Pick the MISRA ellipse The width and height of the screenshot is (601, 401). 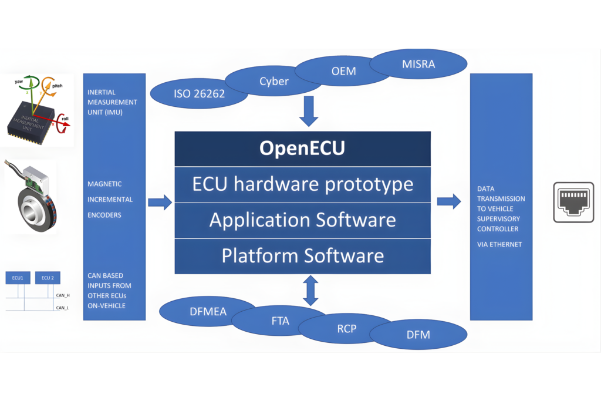(418, 63)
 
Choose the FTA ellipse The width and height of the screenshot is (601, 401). (281, 321)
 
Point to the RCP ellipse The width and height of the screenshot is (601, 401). (346, 328)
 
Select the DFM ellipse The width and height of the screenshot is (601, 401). (418, 335)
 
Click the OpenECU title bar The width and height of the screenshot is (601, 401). (302, 149)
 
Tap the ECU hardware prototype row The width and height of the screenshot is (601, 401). (302, 184)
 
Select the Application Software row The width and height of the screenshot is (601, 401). (302, 220)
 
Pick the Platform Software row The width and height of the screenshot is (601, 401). (302, 256)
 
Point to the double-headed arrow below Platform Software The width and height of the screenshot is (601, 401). (310, 290)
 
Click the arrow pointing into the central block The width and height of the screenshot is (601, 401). (160, 203)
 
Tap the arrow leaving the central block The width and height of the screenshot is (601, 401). (449, 201)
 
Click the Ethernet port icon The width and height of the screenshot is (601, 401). (573, 202)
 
